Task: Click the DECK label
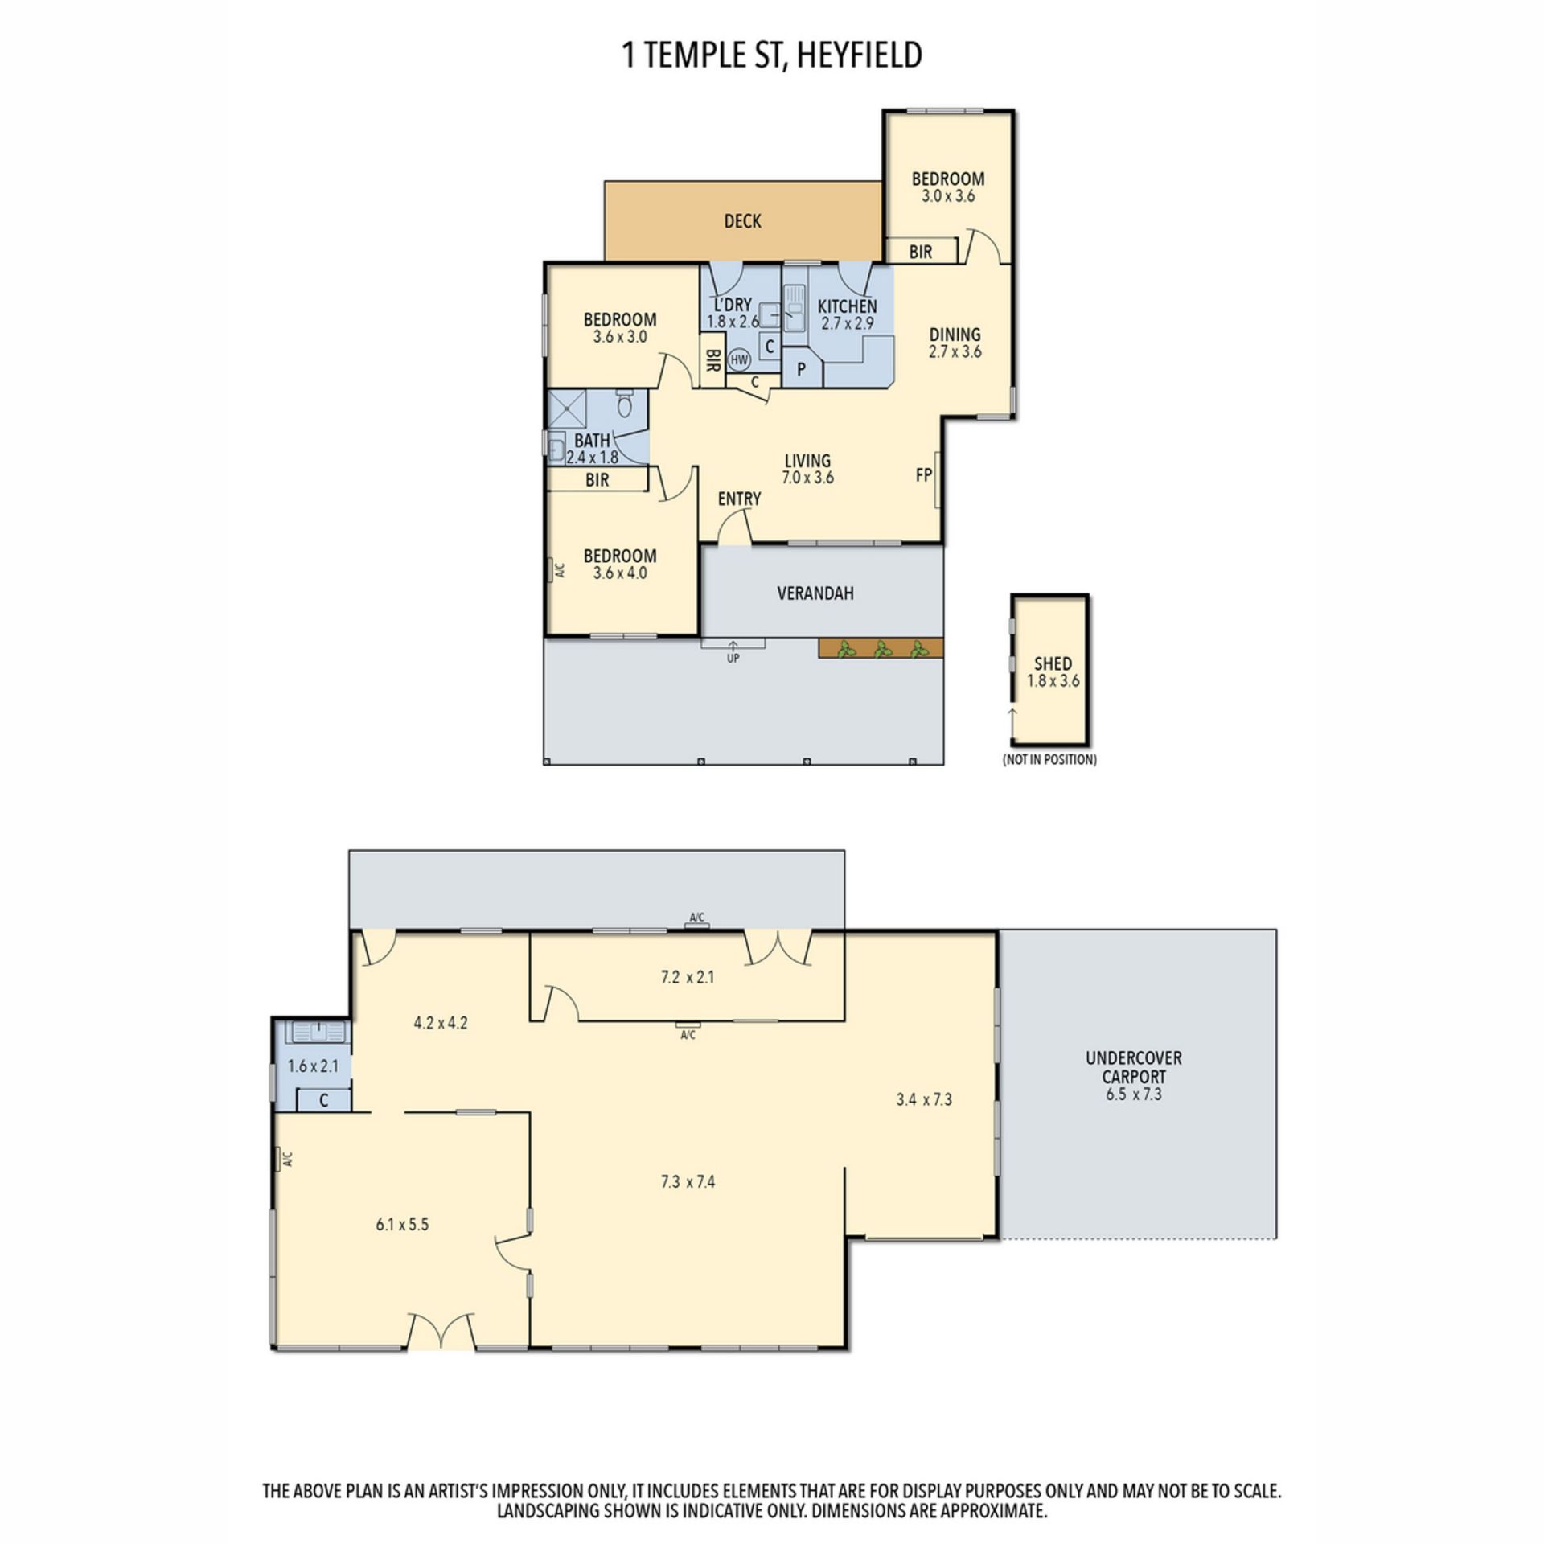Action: click(742, 221)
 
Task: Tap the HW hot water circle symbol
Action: click(739, 359)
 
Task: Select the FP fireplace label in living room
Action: click(924, 475)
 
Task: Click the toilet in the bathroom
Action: click(625, 403)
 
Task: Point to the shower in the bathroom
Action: click(568, 409)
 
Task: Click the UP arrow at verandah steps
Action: click(733, 647)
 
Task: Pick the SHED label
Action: click(1053, 663)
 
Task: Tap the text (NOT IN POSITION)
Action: click(1049, 759)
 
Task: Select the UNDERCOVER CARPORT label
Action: click(1134, 1067)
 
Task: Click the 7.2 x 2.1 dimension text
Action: click(688, 977)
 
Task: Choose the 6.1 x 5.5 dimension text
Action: click(402, 1224)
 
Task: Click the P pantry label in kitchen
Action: click(801, 370)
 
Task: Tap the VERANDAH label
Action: click(815, 593)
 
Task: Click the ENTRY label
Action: click(739, 499)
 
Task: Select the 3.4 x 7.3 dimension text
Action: click(924, 1098)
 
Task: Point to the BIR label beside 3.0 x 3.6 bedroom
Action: click(921, 252)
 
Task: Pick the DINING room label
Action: click(955, 334)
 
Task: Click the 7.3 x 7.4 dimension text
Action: click(688, 1181)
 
